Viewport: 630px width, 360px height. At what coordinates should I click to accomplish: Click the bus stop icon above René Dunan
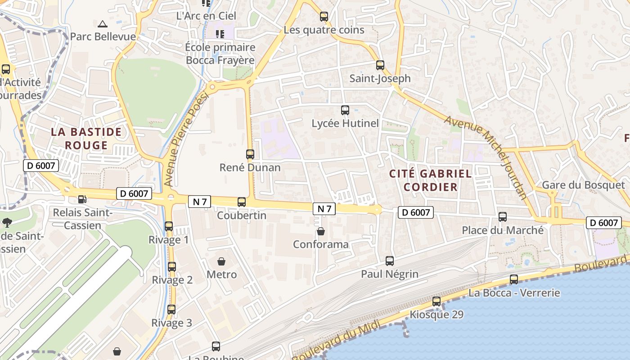coord(250,154)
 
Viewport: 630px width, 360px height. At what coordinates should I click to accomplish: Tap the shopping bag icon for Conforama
coord(320,231)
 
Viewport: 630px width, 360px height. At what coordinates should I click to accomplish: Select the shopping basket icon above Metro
coord(221,261)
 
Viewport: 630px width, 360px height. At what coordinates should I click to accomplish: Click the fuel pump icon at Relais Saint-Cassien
coord(82,198)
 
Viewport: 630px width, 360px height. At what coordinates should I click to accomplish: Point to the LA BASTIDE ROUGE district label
coord(86,139)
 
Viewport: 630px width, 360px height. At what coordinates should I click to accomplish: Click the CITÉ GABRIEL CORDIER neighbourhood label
coord(430,180)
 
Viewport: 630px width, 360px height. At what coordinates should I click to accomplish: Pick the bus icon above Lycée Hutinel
coord(345,110)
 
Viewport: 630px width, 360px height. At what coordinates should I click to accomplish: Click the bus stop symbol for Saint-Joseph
coord(380,65)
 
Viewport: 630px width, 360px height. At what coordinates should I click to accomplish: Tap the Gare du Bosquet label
coord(583,185)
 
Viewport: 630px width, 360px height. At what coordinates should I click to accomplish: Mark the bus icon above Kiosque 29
coord(436,301)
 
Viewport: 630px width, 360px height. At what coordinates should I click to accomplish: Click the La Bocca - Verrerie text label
coord(514,293)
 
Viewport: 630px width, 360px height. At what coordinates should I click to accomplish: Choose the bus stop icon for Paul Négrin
coord(390,261)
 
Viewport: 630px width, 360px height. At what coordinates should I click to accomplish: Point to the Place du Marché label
coord(503,230)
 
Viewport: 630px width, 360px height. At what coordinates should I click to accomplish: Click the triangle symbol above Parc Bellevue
coord(103,24)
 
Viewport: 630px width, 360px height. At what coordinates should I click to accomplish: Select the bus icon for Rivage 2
coord(172,267)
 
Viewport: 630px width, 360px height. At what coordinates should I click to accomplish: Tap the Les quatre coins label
coord(324,30)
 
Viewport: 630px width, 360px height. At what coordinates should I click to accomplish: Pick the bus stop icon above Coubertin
coord(242,202)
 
